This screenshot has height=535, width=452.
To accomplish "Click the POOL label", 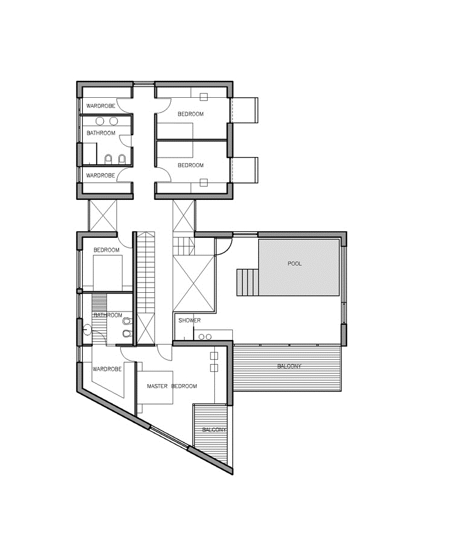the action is click(294, 263).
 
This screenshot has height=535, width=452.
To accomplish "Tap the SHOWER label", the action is click(189, 321).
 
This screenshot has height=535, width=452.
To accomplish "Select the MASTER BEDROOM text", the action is click(172, 386).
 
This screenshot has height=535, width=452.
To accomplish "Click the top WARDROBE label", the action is click(101, 106).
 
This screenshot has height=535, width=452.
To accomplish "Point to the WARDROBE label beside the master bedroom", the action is click(107, 369).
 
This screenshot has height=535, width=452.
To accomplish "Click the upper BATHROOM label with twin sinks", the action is click(101, 133).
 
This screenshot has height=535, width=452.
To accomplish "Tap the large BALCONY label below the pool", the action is click(290, 366).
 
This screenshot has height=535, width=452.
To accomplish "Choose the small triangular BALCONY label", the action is click(214, 429).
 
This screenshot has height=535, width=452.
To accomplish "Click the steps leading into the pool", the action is click(247, 282).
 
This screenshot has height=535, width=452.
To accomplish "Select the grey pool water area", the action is click(299, 267).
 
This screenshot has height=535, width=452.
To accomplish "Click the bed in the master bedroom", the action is click(154, 387).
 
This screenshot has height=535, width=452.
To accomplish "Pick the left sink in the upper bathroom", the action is click(100, 121).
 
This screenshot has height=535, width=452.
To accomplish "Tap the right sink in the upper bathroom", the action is click(113, 121).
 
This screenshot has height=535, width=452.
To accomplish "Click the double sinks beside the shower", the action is click(205, 337).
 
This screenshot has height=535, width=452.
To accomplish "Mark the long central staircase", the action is click(145, 288).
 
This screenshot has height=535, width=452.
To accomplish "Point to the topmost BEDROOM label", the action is click(191, 114).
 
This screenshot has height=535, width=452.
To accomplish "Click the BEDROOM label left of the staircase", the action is click(106, 250).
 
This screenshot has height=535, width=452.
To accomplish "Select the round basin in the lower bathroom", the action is click(87, 330).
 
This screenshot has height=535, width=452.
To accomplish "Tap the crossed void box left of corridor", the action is click(103, 216).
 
